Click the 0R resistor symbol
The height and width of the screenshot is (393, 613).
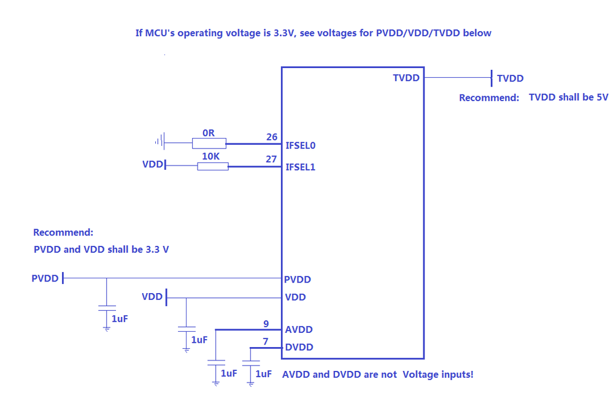click(x=209, y=143)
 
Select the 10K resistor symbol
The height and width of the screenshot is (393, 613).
click(x=212, y=166)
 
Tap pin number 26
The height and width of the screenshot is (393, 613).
click(x=272, y=137)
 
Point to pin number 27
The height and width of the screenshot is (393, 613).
click(x=272, y=159)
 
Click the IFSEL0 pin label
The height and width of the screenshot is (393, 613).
click(x=300, y=146)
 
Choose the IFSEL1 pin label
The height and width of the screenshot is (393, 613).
click(x=300, y=167)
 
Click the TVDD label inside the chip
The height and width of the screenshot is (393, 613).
click(x=406, y=78)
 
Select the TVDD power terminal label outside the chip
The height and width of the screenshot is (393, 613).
click(x=510, y=78)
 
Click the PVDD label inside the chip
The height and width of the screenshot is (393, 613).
click(x=298, y=280)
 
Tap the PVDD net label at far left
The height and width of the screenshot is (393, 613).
click(x=45, y=278)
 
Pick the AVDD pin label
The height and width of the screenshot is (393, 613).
click(x=299, y=330)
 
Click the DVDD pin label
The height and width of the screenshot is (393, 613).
click(x=299, y=348)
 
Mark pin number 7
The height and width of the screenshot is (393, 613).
click(x=265, y=341)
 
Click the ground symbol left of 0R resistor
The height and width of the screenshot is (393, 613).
click(x=160, y=143)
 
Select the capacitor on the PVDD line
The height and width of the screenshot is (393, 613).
click(x=107, y=308)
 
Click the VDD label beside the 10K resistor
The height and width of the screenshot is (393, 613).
click(x=152, y=166)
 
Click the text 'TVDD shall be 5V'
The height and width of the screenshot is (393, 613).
click(x=568, y=97)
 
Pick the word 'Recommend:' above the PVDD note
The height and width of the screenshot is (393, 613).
click(x=63, y=233)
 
